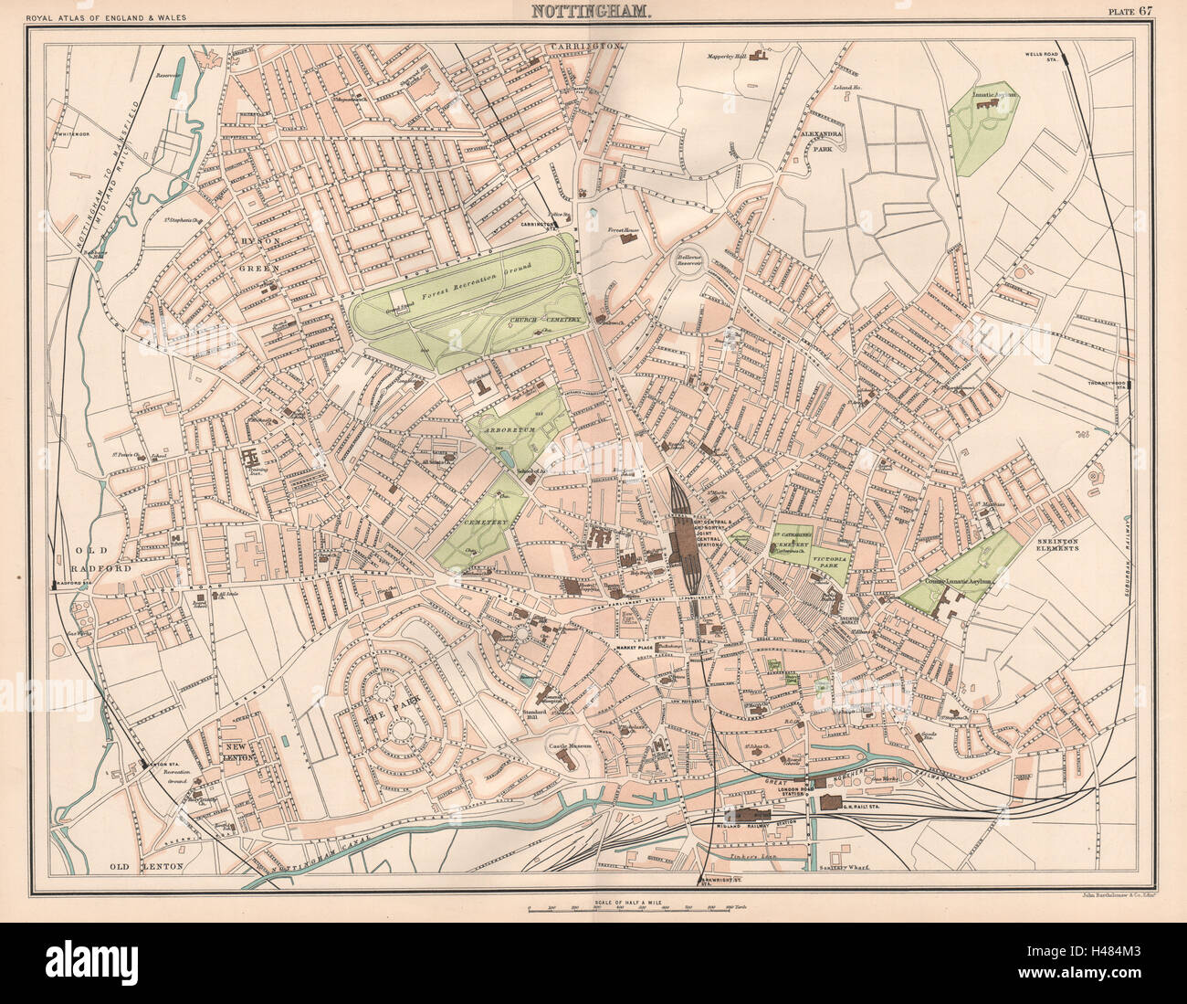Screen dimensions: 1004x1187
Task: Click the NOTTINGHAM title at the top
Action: point(587,12)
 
